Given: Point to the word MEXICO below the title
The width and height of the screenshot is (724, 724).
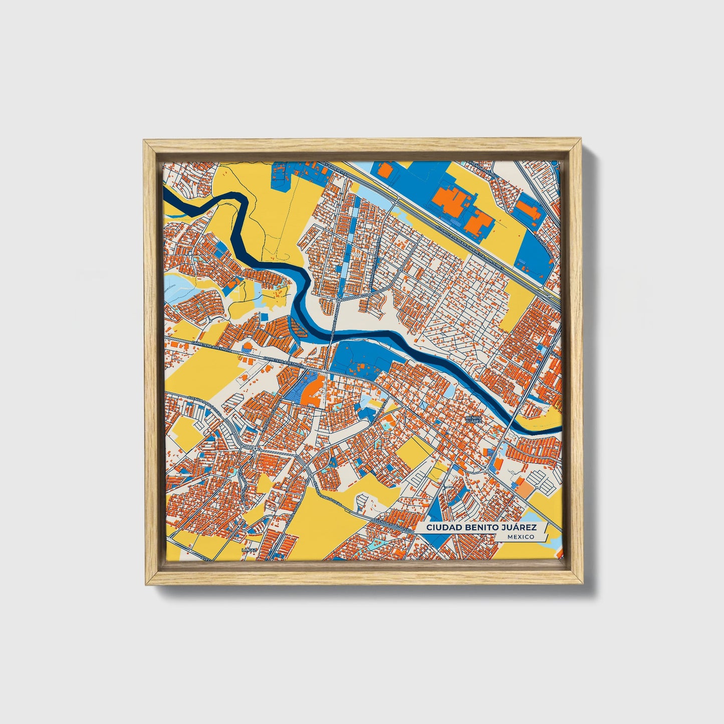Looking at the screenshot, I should coord(520,537).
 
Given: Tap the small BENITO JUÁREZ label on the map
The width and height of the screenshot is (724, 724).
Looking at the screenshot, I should coord(473,419).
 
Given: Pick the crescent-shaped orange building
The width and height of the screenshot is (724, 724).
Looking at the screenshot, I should coord(314,391).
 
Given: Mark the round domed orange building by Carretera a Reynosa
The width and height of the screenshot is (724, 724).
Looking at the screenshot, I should coord(247,347).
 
